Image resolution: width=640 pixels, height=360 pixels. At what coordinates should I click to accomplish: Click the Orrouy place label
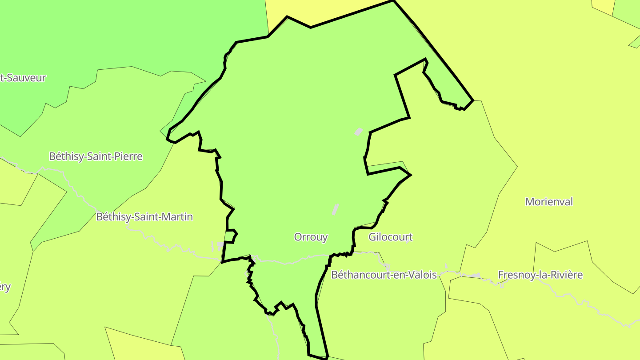point(311,237)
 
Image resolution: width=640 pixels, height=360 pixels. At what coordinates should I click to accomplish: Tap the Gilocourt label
point(390,237)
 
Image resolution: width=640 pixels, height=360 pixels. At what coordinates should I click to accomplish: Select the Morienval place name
point(549,201)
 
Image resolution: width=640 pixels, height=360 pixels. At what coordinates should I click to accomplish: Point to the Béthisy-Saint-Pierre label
point(96,156)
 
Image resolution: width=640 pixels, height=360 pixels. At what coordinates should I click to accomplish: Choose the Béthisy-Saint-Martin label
point(144,217)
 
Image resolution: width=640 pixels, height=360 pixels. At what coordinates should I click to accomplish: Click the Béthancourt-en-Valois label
point(384,275)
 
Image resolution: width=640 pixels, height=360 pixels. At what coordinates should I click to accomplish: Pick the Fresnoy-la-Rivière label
point(540,275)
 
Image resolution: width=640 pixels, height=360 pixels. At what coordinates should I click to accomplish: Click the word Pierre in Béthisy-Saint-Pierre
point(128,156)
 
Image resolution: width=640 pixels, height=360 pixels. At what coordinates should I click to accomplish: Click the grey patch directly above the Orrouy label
point(336,209)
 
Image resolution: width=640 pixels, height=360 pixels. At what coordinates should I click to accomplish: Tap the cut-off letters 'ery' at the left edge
point(5,287)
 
